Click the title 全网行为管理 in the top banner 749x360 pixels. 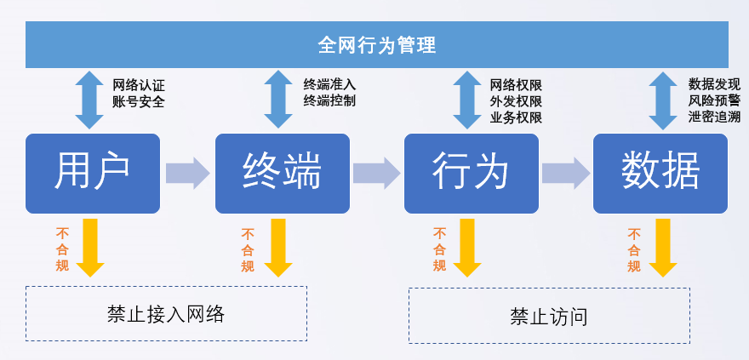coord(377,45)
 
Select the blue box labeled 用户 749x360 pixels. coord(93,174)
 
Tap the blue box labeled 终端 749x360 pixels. coord(283,174)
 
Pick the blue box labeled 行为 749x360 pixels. coord(472,174)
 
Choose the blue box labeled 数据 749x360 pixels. coord(660,174)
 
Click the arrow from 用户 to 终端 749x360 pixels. coord(188,174)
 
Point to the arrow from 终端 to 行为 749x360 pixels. coord(376,174)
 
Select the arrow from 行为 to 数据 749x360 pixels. coord(565,174)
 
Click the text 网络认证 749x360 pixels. coord(139,86)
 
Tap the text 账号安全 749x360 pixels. coord(139,101)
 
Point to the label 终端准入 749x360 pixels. coord(329,85)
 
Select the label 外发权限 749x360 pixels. coord(516,101)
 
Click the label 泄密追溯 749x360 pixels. coord(715,117)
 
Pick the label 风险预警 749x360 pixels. coord(715,100)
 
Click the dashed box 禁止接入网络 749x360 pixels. coord(166,314)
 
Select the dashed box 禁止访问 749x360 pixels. coord(549,316)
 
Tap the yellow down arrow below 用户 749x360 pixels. coord(90,248)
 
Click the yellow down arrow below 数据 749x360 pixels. coord(662,248)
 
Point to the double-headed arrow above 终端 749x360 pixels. coord(278,100)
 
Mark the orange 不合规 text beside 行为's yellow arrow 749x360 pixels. coord(439,249)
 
